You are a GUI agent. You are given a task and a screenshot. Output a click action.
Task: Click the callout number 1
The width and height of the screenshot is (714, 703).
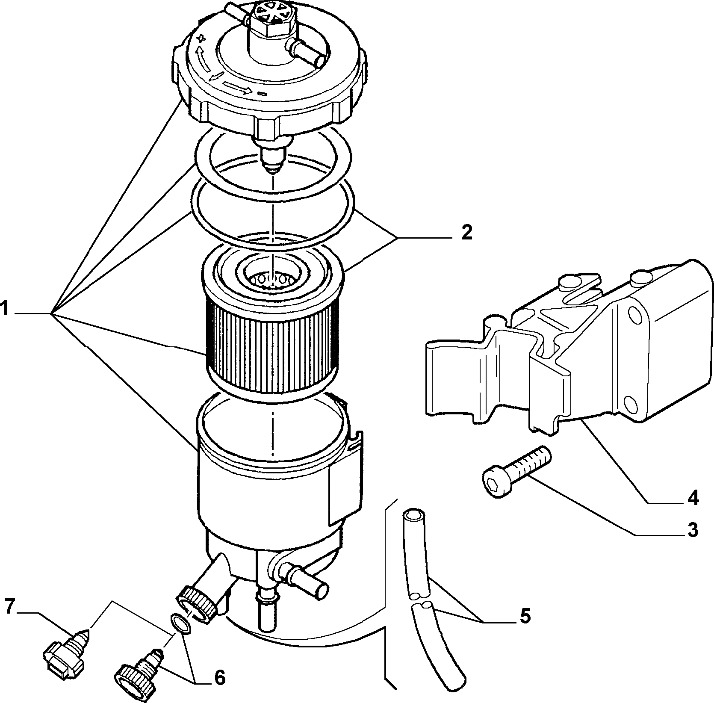point(5,308)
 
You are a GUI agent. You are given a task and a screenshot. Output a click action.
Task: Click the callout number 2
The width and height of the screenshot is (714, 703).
point(466,232)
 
